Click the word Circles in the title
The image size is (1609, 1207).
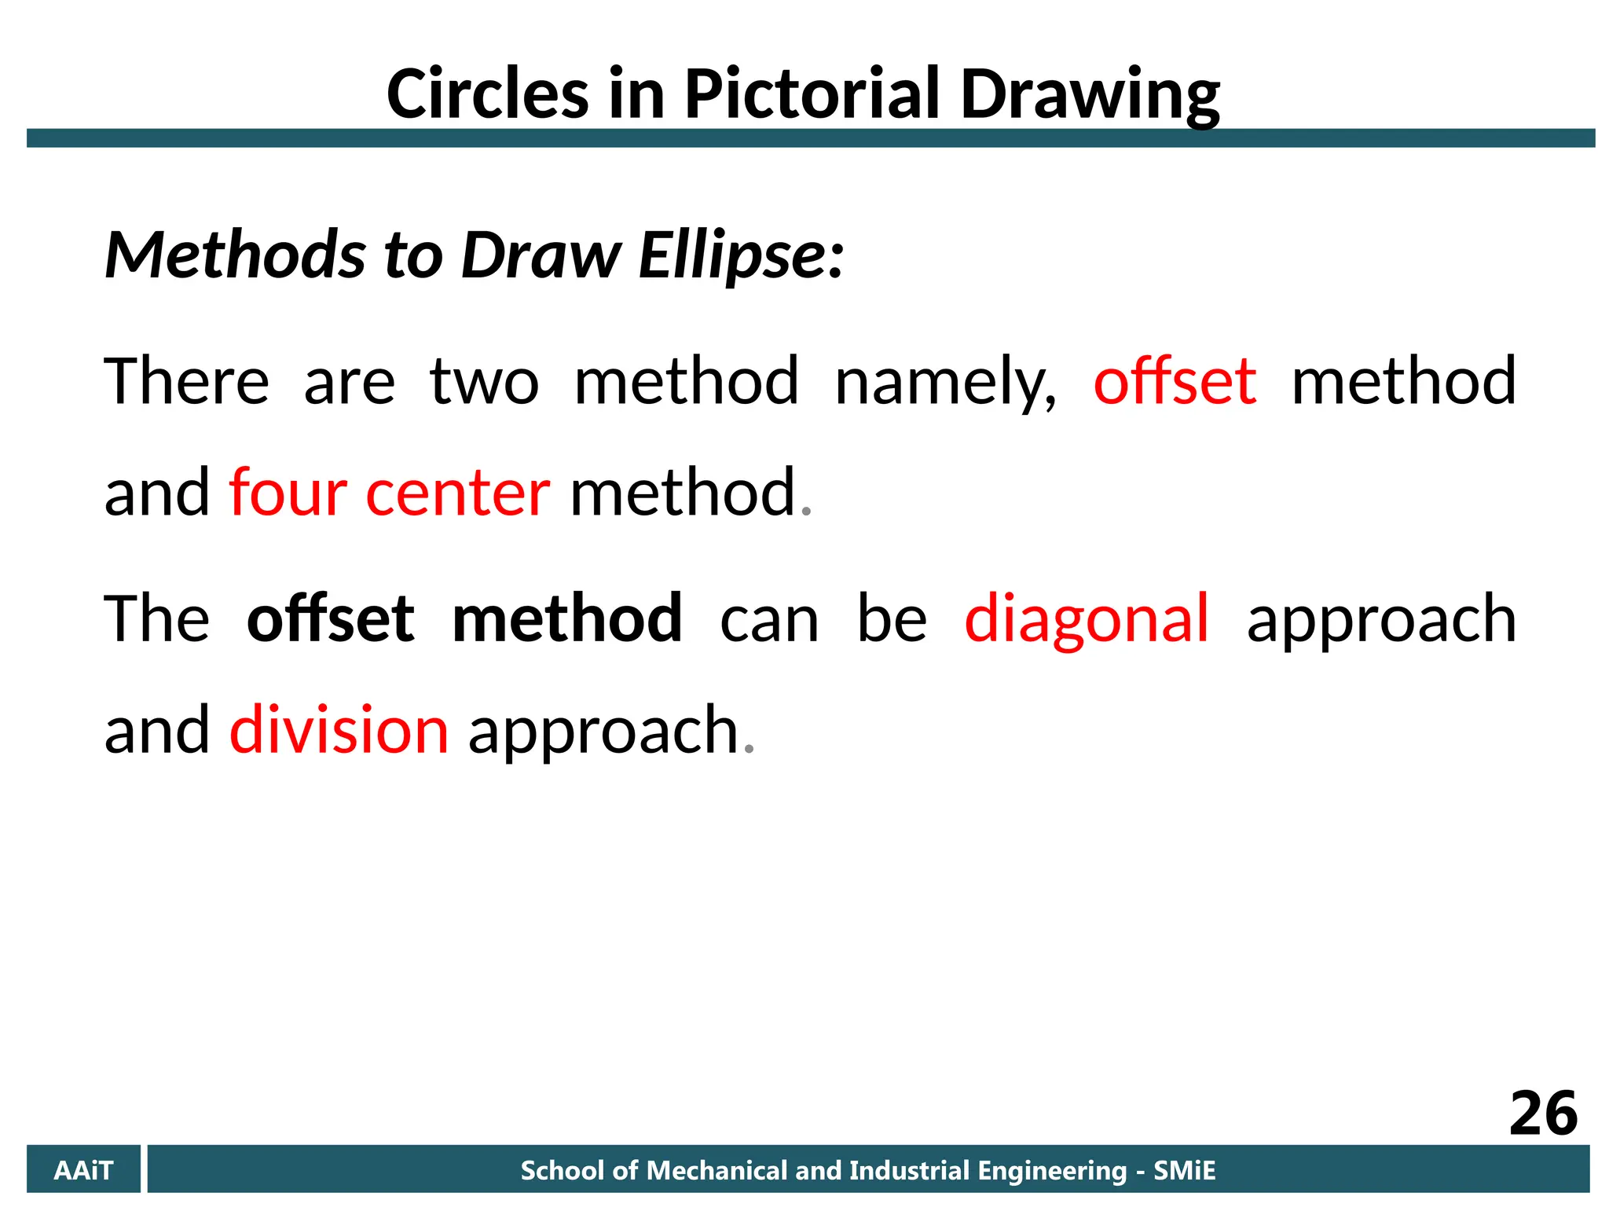click(x=487, y=94)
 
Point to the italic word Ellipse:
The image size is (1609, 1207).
click(x=741, y=256)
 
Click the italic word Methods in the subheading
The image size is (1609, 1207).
click(x=235, y=255)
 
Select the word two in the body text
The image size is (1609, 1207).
click(x=484, y=382)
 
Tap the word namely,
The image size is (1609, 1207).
click(x=945, y=382)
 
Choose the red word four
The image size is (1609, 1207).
click(x=288, y=493)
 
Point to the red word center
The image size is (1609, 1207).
click(x=457, y=493)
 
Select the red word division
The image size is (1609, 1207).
click(x=339, y=730)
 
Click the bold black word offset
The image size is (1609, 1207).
click(x=330, y=619)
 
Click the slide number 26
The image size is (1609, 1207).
click(x=1543, y=1113)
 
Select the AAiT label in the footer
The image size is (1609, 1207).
click(x=83, y=1171)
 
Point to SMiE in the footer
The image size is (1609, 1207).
click(x=1184, y=1171)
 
